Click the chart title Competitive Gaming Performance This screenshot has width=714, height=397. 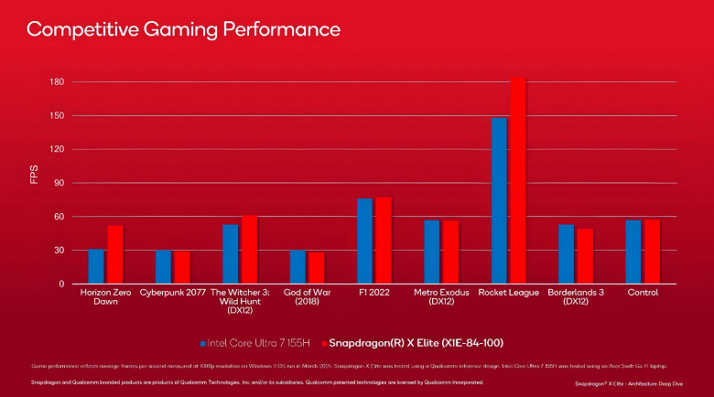point(183,30)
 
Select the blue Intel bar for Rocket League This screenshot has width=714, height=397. point(499,201)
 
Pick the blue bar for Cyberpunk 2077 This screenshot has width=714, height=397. point(163,267)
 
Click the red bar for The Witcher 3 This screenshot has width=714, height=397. point(249,251)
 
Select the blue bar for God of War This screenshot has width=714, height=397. point(297,267)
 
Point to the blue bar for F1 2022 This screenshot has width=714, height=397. point(364,241)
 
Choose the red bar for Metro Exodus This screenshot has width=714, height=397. point(450,252)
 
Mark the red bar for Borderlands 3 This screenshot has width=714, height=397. point(585,256)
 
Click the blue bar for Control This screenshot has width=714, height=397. point(633,252)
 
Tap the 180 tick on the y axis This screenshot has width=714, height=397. point(57,82)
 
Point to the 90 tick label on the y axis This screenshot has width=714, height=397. point(59,183)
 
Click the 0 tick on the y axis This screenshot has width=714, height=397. point(61,284)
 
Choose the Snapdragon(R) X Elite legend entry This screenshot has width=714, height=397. point(417,342)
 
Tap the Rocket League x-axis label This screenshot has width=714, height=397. point(509,293)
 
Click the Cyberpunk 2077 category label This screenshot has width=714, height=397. point(172,293)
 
